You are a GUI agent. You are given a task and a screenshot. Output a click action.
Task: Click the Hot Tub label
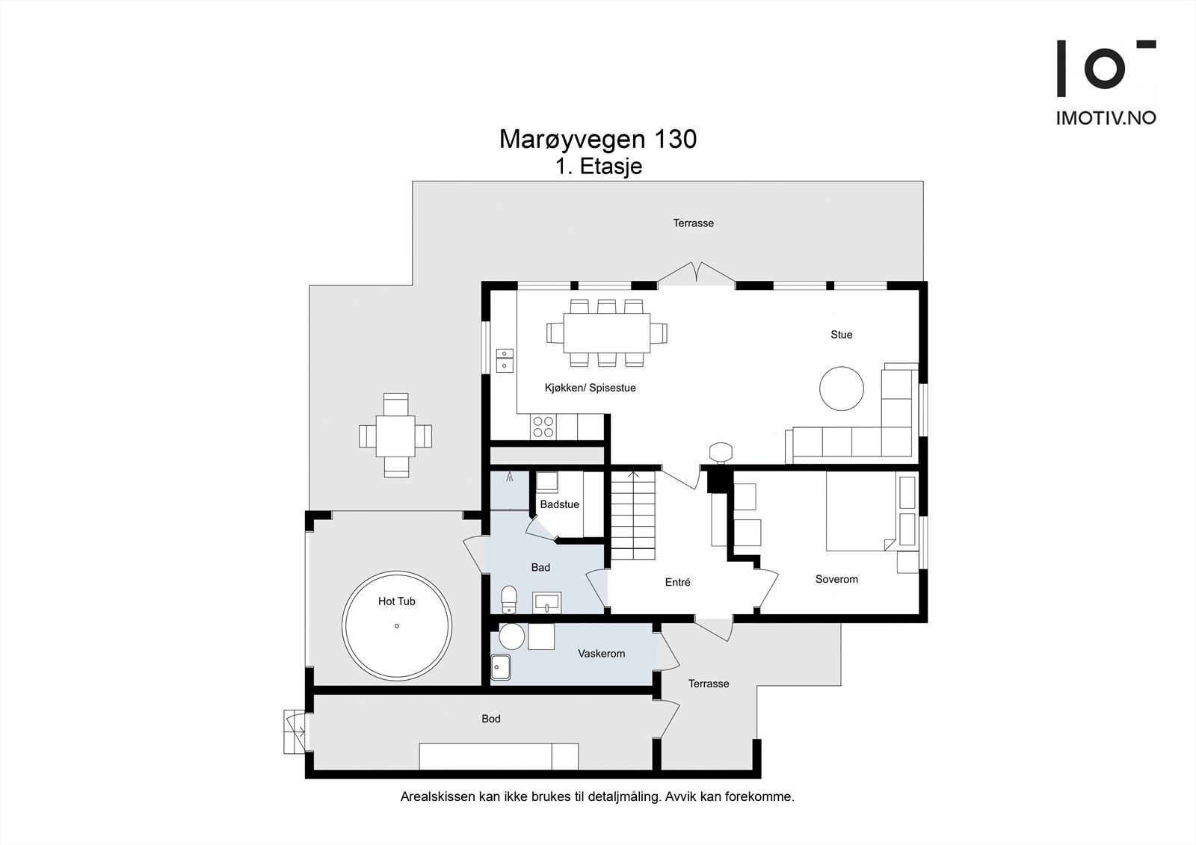396,601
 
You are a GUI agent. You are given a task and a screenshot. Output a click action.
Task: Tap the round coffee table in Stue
842,389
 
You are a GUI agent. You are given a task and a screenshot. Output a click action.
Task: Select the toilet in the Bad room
509,599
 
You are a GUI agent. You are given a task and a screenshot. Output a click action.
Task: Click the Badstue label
559,504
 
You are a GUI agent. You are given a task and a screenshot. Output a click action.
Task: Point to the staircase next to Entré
632,515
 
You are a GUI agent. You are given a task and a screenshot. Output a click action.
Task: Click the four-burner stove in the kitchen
543,427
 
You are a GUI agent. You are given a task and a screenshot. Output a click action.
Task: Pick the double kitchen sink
505,360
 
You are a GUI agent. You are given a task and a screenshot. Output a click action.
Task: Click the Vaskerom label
601,654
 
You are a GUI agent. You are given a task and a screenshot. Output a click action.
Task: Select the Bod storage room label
490,719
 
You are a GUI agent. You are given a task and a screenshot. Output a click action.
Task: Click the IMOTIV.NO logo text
1106,118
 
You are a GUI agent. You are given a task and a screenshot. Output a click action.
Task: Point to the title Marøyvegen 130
598,139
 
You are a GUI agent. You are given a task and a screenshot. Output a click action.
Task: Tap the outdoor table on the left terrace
395,436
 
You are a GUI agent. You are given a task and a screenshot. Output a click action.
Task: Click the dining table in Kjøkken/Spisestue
606,333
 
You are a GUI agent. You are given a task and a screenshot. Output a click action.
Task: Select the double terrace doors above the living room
696,273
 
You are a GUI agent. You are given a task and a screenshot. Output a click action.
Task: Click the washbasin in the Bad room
546,603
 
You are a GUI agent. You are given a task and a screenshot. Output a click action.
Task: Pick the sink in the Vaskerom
501,667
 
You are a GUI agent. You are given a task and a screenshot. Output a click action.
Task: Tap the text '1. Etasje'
599,167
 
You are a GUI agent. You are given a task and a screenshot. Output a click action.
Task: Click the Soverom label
836,579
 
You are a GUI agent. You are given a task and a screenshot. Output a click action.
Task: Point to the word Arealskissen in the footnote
438,797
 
